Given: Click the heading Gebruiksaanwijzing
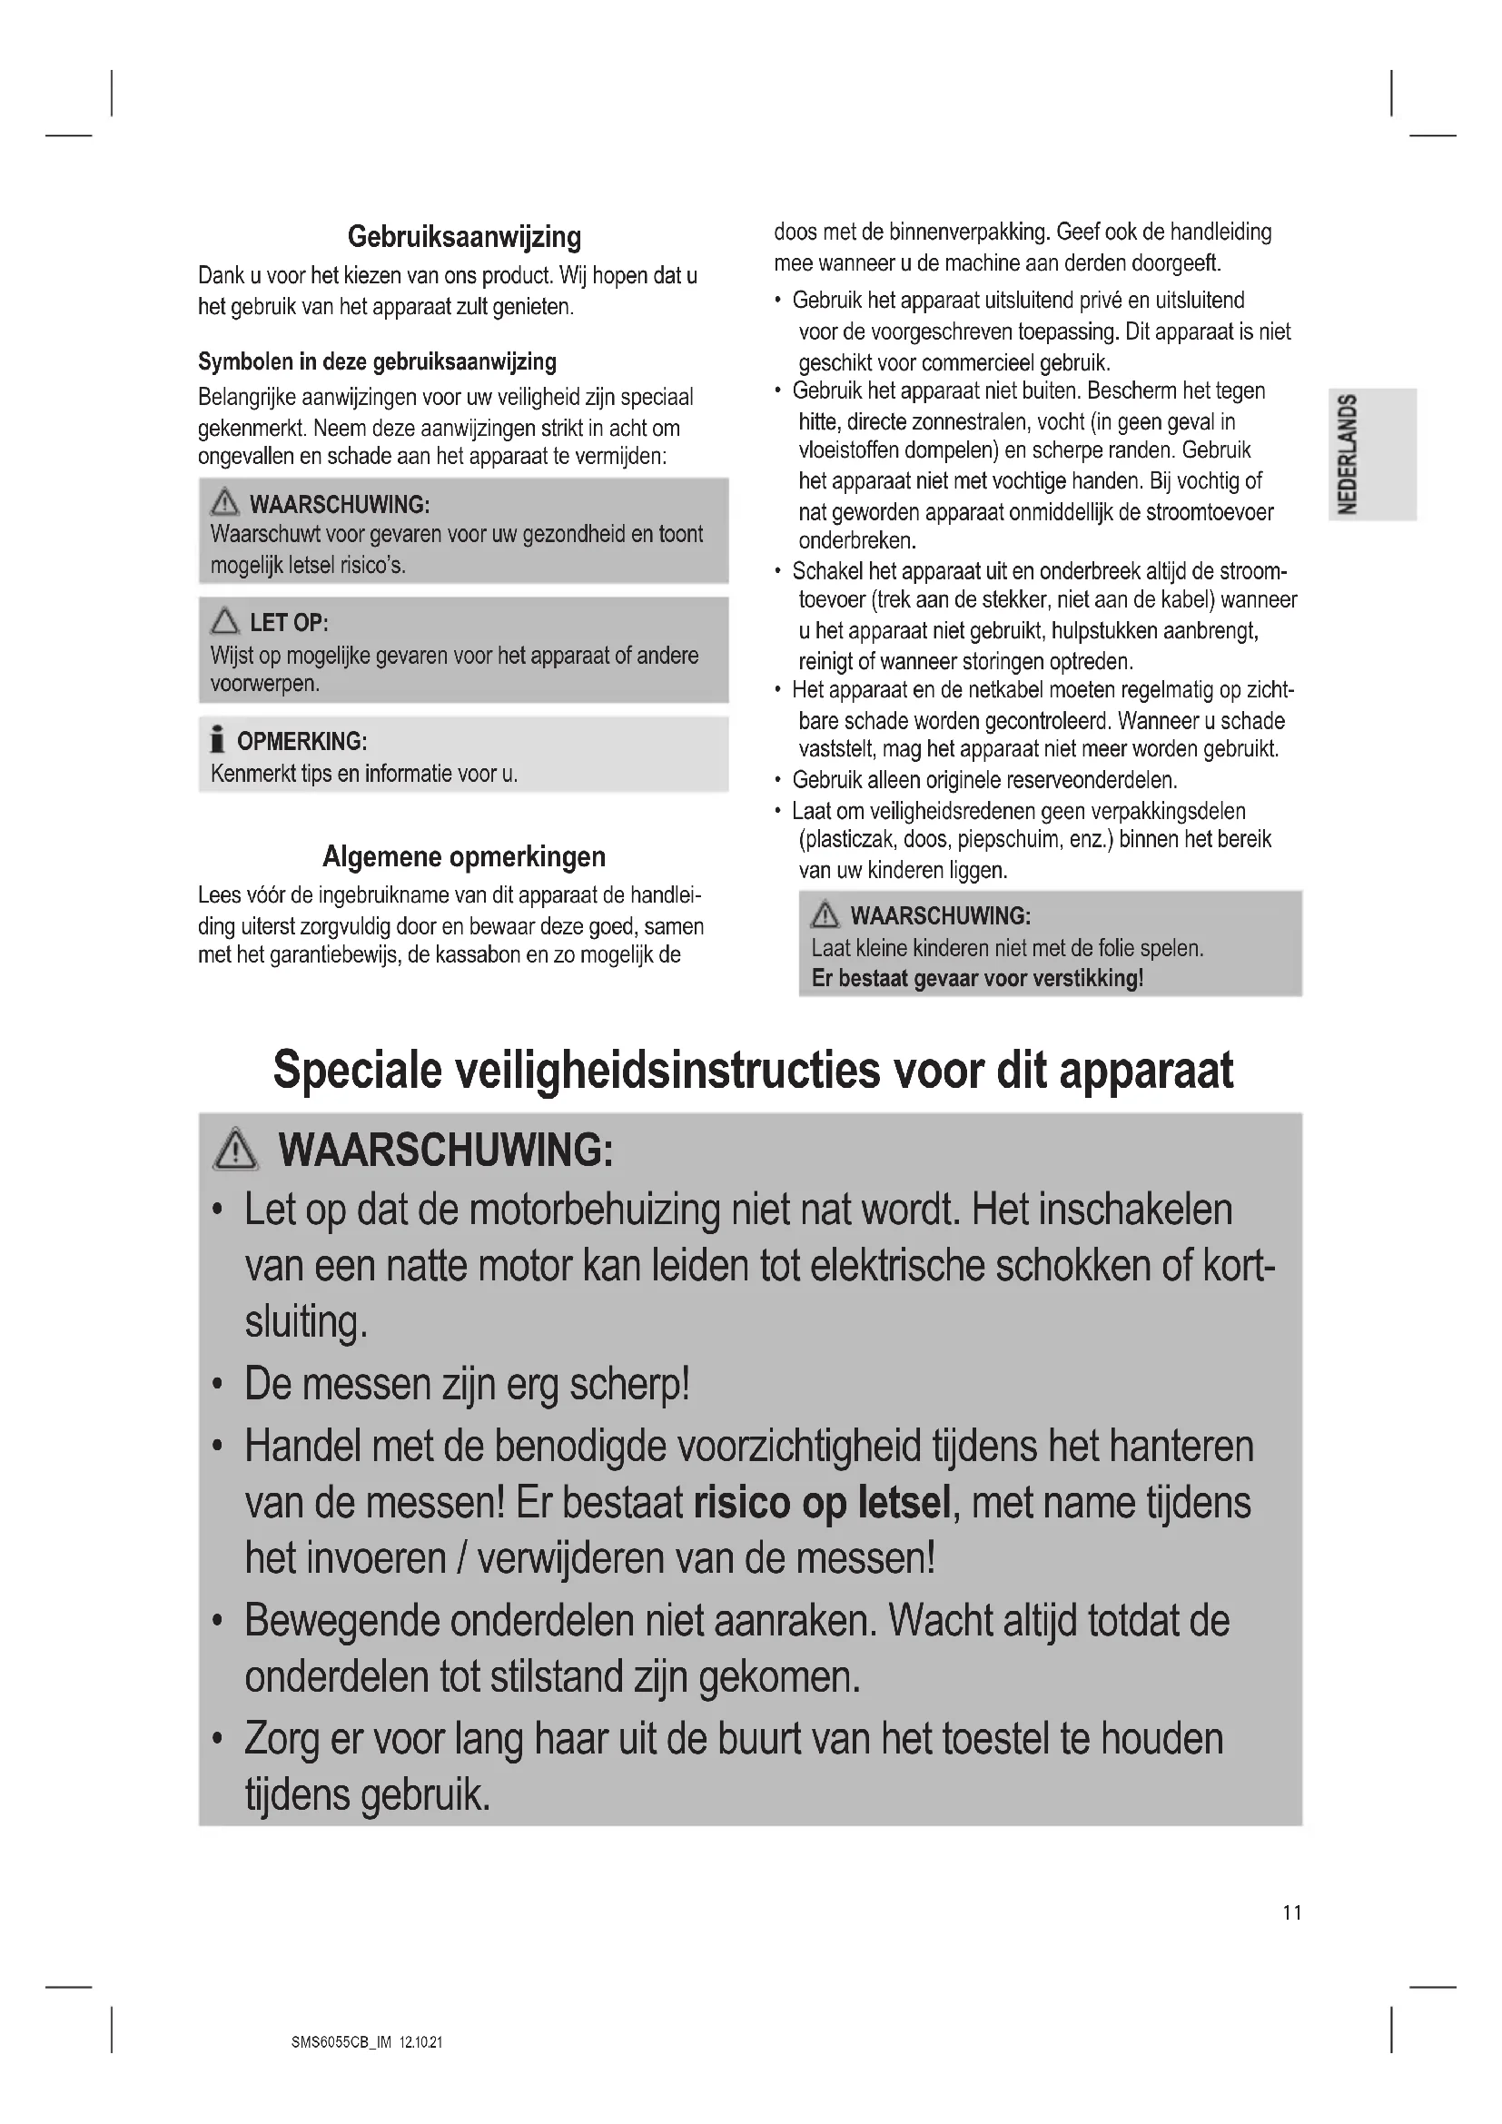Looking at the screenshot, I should click(x=464, y=238).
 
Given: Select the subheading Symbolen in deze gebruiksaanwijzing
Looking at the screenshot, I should click(x=378, y=361).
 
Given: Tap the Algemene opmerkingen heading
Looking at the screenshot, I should click(x=464, y=856).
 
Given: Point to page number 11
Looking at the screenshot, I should click(x=1292, y=1912).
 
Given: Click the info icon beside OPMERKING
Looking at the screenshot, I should click(x=218, y=741).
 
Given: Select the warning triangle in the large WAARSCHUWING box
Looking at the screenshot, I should click(x=236, y=1150).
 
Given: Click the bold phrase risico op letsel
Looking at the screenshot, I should click(x=822, y=1503).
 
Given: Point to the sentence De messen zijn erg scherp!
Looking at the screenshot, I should click(x=467, y=1384).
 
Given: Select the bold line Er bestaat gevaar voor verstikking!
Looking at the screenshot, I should click(x=978, y=978).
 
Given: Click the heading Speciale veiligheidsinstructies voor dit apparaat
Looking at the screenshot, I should click(x=753, y=1071).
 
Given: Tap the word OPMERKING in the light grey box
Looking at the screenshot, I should click(x=301, y=742).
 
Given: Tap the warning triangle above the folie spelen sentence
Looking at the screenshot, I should click(x=824, y=916).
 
